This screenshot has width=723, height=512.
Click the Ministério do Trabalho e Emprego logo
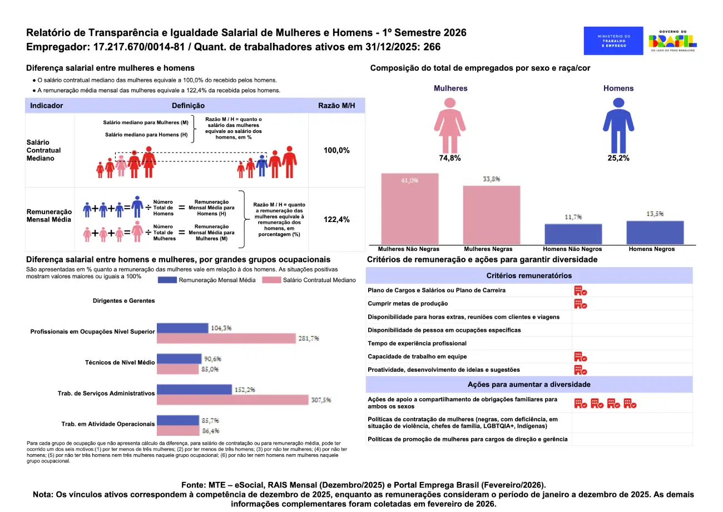click(614, 41)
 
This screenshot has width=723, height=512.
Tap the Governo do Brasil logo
click(673, 41)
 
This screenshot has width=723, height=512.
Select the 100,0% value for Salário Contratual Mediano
click(336, 150)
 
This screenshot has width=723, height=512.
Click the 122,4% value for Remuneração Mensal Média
click(336, 219)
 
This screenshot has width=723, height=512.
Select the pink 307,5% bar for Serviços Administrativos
click(232, 400)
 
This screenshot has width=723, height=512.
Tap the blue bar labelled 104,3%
click(182, 328)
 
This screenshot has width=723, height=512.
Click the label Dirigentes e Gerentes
click(123, 301)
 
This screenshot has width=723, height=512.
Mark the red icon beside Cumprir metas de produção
click(581, 304)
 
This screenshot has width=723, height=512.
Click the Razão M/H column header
click(336, 105)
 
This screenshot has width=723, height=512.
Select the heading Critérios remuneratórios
click(529, 275)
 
